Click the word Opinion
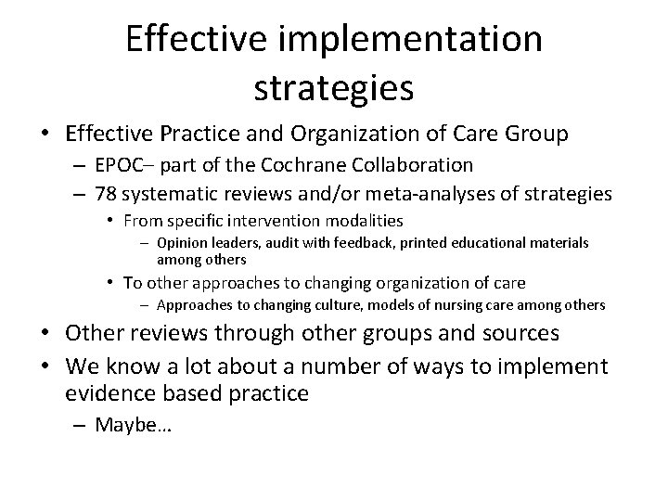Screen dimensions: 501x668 (x=183, y=242)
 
